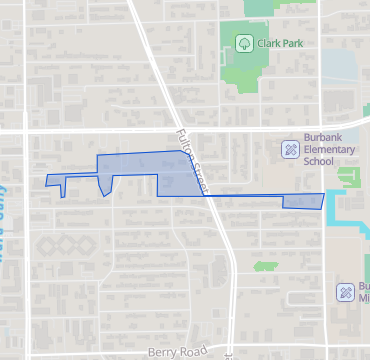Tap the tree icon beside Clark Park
(x=243, y=43)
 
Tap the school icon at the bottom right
(x=342, y=292)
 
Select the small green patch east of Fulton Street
(x=265, y=267)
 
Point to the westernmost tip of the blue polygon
(x=47, y=180)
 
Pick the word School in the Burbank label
(x=318, y=162)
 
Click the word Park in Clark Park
(x=293, y=43)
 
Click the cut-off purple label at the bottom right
(x=364, y=292)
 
